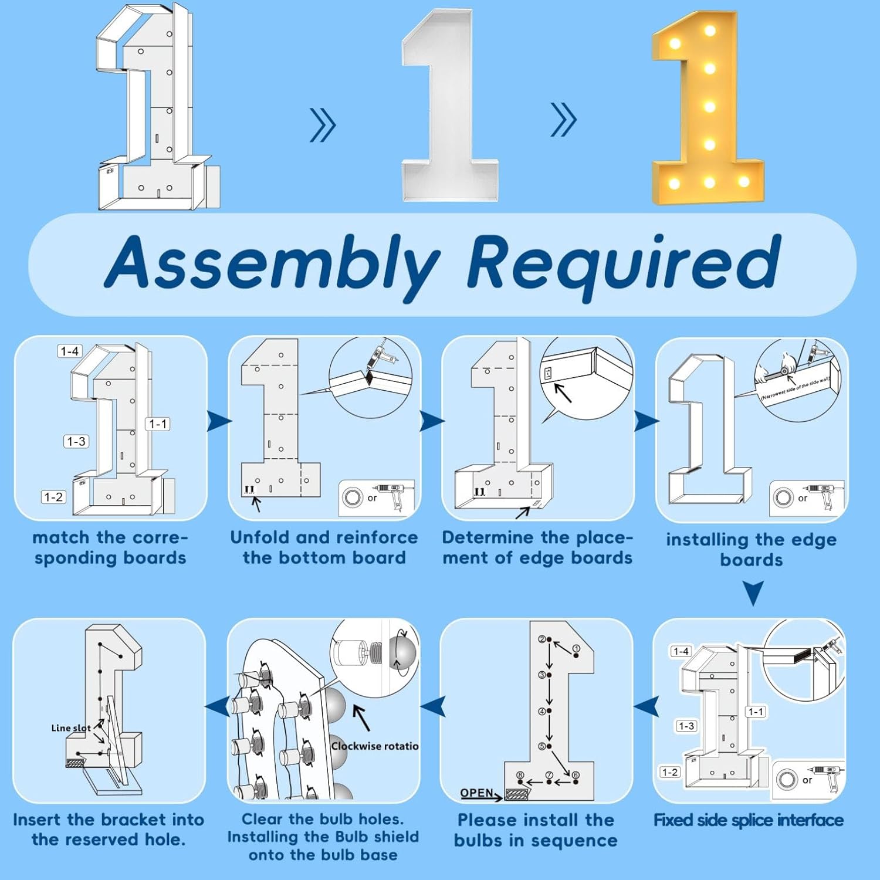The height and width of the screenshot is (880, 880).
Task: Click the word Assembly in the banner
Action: pyautogui.click(x=273, y=262)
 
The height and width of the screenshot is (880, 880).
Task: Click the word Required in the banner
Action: pyautogui.click(x=624, y=262)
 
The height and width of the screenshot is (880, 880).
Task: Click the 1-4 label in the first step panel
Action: pyautogui.click(x=69, y=351)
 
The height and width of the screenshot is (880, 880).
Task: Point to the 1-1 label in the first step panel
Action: pyautogui.click(x=158, y=424)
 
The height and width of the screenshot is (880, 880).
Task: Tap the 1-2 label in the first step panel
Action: pyautogui.click(x=53, y=497)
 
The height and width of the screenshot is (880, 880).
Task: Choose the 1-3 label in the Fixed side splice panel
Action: pyautogui.click(x=686, y=726)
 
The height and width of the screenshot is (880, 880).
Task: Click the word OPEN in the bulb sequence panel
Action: pyautogui.click(x=476, y=793)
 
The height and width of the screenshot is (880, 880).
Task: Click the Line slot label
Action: pyautogui.click(x=70, y=728)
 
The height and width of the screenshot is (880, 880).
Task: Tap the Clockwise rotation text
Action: pyautogui.click(x=375, y=746)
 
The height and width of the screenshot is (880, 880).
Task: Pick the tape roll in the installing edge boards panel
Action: pyautogui.click(x=783, y=497)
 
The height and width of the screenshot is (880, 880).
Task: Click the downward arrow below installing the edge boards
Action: pyautogui.click(x=753, y=593)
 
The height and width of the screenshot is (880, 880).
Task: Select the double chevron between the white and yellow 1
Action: pyautogui.click(x=564, y=120)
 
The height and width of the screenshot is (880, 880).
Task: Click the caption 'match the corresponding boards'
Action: pyautogui.click(x=110, y=547)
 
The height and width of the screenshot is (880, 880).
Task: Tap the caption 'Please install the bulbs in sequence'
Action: pyautogui.click(x=536, y=830)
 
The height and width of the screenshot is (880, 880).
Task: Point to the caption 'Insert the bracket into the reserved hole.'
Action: pyautogui.click(x=109, y=830)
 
